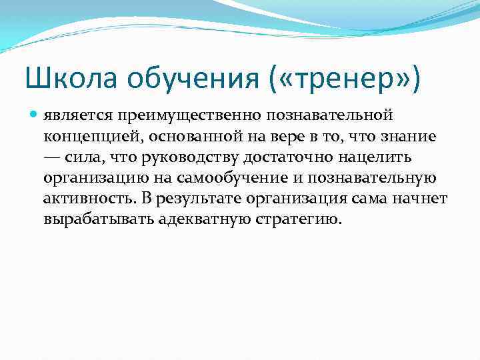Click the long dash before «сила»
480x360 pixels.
53,157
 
